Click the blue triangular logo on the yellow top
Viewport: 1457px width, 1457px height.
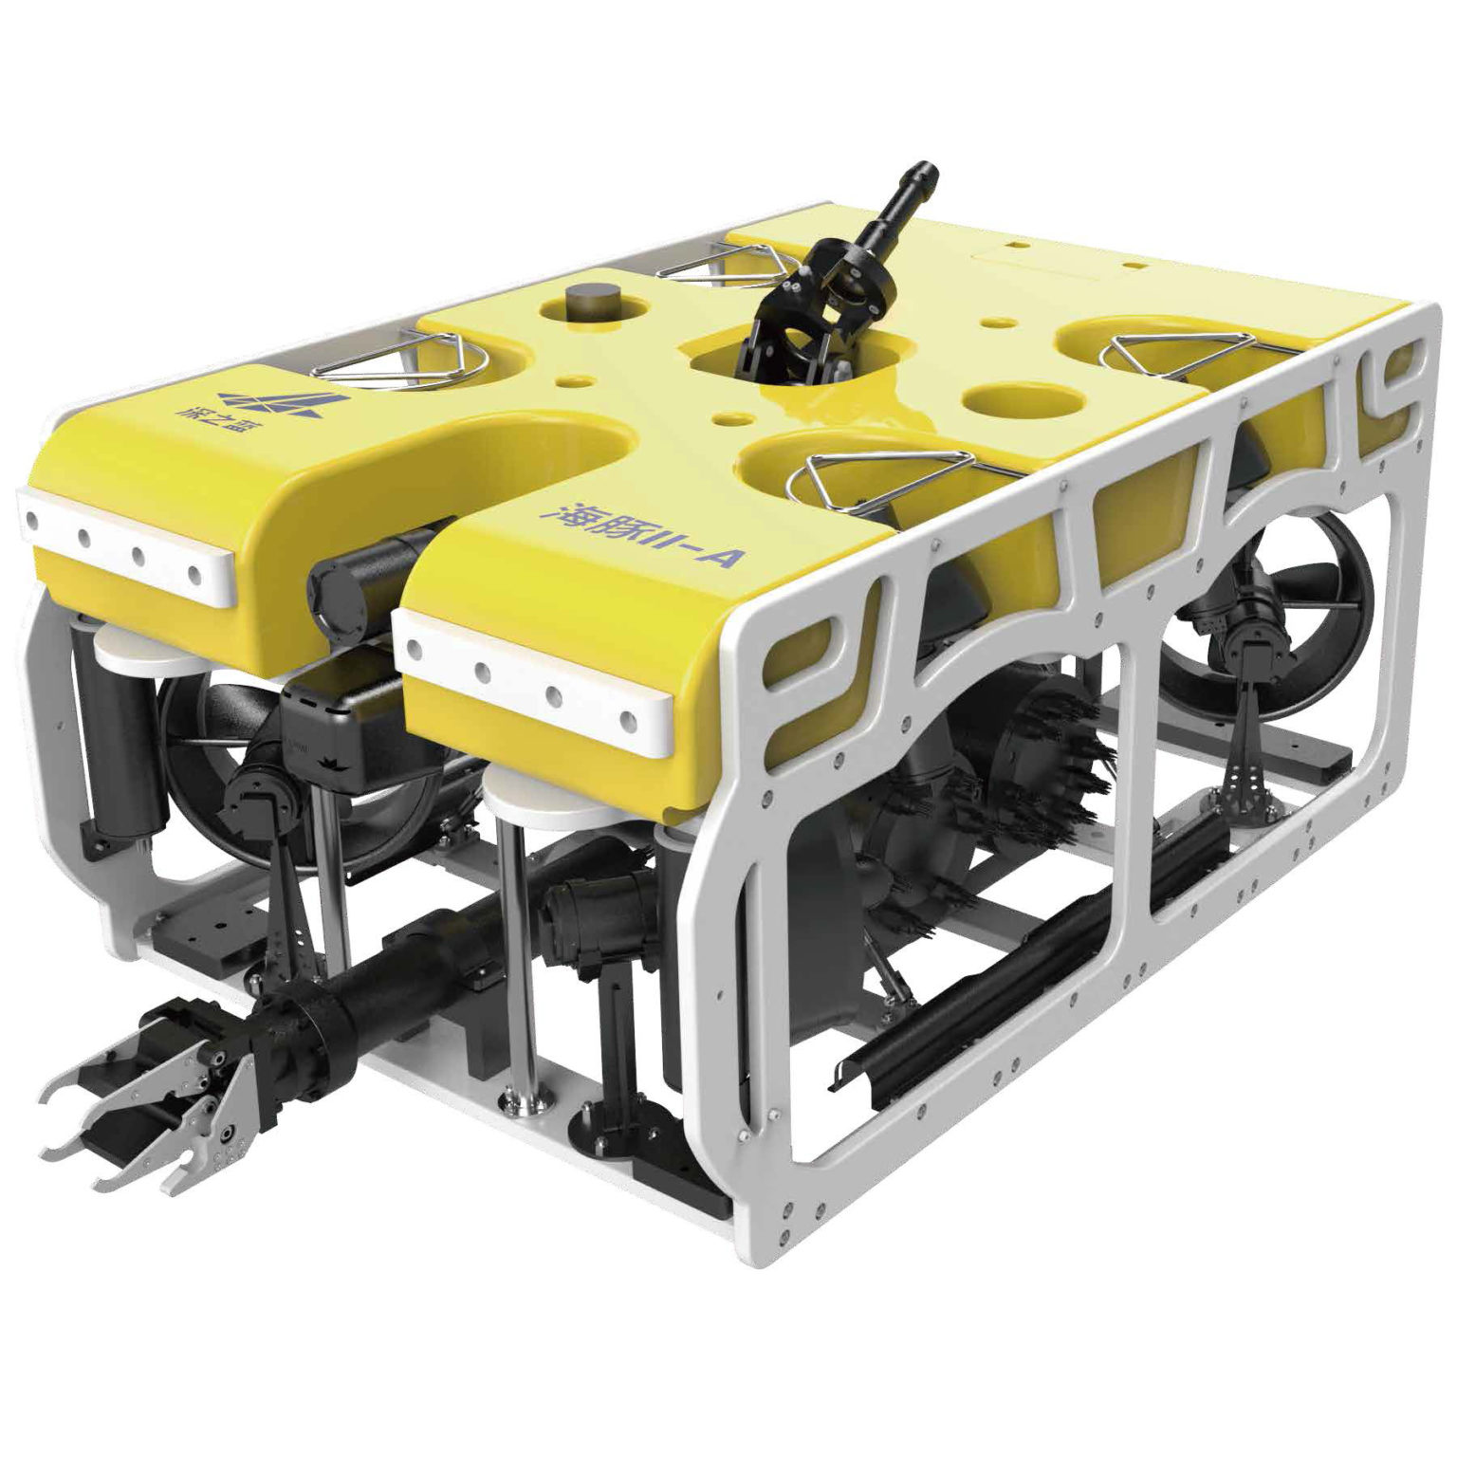point(274,403)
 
